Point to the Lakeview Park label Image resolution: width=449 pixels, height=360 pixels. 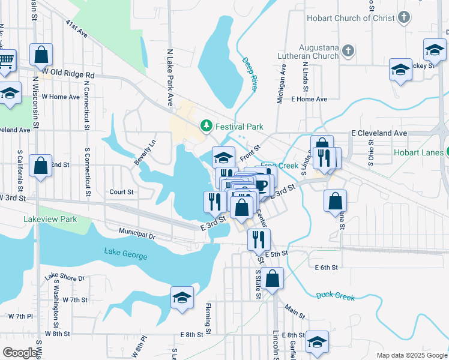50,220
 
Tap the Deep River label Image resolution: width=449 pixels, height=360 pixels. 250,74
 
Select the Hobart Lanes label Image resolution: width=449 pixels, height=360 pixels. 418,152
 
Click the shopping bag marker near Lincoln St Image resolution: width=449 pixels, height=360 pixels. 272,279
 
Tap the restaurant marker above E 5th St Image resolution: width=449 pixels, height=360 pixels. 259,239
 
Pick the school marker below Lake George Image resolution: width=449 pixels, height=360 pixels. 182,298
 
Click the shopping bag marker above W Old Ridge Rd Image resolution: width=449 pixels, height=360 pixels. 41,55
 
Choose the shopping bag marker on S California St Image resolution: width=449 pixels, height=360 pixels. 40,166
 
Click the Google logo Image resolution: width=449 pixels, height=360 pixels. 20,353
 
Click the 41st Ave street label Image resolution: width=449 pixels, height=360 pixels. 77,28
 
